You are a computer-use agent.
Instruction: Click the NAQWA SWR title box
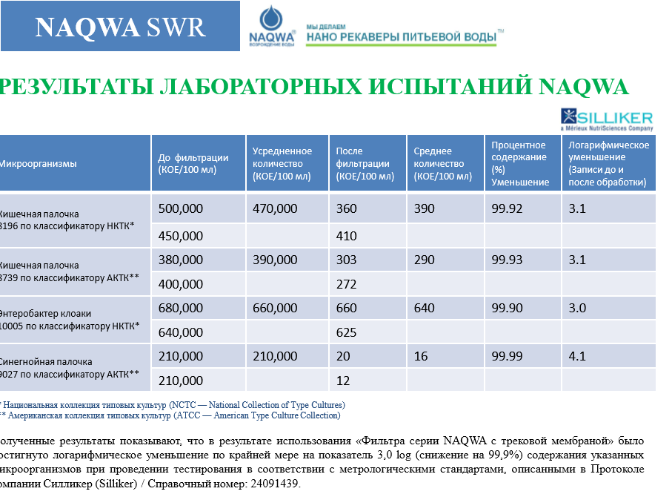point(120,27)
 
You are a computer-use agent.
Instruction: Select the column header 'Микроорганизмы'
point(39,164)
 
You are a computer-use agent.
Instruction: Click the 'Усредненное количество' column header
point(282,164)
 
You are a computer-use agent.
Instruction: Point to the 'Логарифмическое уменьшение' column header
point(608,164)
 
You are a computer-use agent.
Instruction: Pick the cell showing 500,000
point(180,209)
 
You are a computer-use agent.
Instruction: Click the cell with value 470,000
point(275,209)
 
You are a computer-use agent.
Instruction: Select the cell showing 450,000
point(180,236)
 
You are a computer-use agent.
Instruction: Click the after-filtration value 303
point(346,260)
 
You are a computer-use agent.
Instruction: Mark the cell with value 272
point(346,284)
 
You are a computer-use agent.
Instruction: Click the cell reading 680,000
point(180,308)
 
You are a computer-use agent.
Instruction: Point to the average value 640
point(425,308)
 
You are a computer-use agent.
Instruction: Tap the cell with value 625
point(346,332)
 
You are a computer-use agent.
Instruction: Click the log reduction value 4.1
point(577,356)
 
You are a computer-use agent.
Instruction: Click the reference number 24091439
point(273,484)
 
